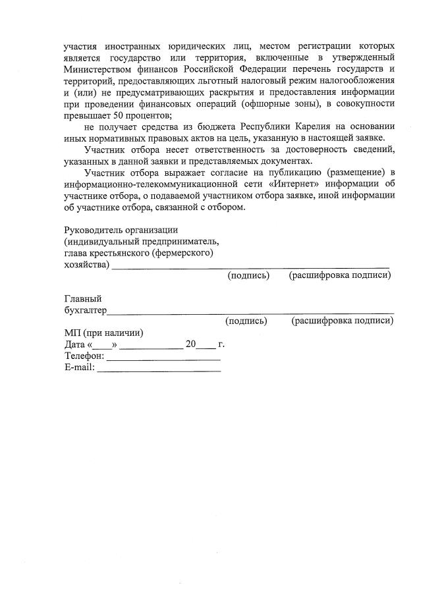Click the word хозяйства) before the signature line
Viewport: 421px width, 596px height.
[86, 264]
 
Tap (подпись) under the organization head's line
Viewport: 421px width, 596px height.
[248, 275]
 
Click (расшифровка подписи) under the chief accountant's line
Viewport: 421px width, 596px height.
[342, 321]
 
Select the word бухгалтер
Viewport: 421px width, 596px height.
[85, 310]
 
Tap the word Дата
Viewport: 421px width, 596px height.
[74, 344]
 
